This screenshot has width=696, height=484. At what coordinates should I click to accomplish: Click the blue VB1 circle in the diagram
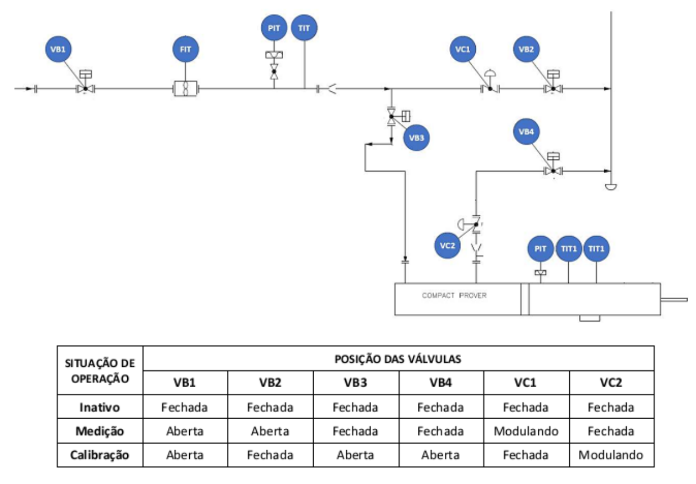point(59,49)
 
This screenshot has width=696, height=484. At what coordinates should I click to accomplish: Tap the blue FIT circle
point(185,49)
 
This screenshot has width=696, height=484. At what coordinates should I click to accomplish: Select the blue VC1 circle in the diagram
point(463,49)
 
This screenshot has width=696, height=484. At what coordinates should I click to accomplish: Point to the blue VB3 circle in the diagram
point(416,137)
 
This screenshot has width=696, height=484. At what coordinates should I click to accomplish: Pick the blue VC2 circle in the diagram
point(447,246)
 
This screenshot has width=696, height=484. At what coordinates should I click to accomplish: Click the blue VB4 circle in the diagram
point(526,131)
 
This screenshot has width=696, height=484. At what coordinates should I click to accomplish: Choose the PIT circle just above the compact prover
point(541,248)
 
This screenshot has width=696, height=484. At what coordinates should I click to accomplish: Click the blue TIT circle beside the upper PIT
point(304,28)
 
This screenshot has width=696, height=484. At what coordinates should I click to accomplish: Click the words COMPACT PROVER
point(454,295)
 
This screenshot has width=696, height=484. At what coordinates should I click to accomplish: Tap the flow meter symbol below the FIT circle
point(185,88)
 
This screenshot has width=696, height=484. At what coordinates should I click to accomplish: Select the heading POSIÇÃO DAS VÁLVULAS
point(398,359)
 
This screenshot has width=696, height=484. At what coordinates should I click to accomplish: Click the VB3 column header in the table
point(356,383)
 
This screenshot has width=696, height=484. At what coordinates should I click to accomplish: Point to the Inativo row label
point(100,407)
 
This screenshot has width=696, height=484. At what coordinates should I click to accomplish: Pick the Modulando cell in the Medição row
point(526,431)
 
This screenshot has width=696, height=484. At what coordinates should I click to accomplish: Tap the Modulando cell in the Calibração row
point(612,455)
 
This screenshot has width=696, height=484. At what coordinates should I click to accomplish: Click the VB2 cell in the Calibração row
point(270,455)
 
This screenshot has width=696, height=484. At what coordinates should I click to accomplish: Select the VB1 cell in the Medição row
point(185,431)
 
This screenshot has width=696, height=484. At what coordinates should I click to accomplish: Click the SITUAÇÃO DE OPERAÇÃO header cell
point(100,371)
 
